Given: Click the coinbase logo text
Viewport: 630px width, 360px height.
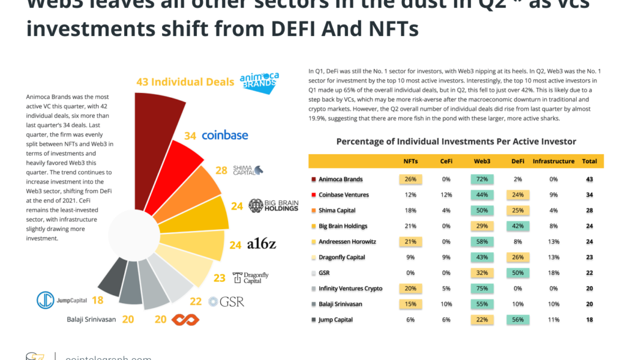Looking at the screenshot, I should (224, 136).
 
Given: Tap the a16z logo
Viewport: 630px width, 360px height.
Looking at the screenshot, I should (261, 244).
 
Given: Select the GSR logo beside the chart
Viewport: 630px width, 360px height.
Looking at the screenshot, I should (226, 301).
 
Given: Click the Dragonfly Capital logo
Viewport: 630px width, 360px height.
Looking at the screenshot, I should (250, 278).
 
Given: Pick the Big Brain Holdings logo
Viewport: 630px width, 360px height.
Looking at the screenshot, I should (273, 206).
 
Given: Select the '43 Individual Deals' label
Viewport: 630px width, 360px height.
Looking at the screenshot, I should (185, 82).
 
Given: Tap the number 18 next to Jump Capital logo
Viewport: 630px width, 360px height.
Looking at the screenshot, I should (97, 301).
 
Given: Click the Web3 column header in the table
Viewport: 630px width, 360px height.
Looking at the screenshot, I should (482, 161).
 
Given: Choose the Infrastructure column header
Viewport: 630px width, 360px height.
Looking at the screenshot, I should (553, 161).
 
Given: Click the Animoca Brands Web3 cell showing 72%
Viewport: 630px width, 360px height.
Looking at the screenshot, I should (482, 179).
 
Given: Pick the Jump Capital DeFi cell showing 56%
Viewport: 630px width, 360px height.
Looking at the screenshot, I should (517, 320).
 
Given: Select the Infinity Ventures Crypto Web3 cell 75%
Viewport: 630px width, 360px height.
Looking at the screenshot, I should (482, 289).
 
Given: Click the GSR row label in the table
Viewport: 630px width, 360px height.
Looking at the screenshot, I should (324, 273).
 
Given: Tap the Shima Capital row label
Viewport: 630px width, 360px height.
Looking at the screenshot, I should (337, 211).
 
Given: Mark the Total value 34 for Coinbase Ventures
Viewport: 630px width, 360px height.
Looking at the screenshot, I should (589, 195).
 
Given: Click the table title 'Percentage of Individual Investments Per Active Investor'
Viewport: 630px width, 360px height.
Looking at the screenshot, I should (456, 142).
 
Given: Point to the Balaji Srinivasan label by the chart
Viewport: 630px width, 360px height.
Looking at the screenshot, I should (91, 319).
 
